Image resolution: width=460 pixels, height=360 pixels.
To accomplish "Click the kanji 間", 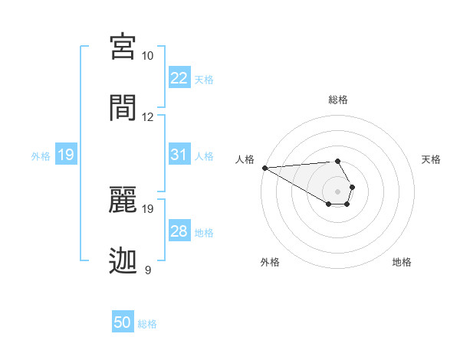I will (x=124, y=107).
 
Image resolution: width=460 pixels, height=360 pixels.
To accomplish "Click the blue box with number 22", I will (x=179, y=77).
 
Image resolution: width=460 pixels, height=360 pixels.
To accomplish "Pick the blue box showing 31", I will (x=179, y=155).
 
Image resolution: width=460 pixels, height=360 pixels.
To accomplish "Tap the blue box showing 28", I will (x=179, y=231).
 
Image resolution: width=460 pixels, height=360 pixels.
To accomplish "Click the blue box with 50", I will (x=123, y=322).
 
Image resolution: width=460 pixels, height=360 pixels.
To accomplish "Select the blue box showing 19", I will (x=66, y=155).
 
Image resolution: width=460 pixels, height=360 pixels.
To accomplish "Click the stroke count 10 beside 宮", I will (x=147, y=57).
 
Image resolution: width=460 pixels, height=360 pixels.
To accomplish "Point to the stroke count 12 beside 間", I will (x=147, y=117).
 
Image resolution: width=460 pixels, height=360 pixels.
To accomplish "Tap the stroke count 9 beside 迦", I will (x=148, y=270).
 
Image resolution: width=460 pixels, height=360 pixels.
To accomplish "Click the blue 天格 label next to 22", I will (x=204, y=79).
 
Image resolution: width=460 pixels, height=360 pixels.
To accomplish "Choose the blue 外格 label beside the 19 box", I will (x=41, y=156).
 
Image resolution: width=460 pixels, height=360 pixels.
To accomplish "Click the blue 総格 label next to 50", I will (x=147, y=324).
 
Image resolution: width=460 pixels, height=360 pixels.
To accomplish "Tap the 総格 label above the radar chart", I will (x=338, y=100).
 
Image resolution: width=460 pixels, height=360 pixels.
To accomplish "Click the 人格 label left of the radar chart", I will (x=245, y=159).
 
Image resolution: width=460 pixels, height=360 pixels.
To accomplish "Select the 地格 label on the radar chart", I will (x=402, y=262).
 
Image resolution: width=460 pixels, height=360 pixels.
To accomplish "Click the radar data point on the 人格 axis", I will (x=264, y=168).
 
